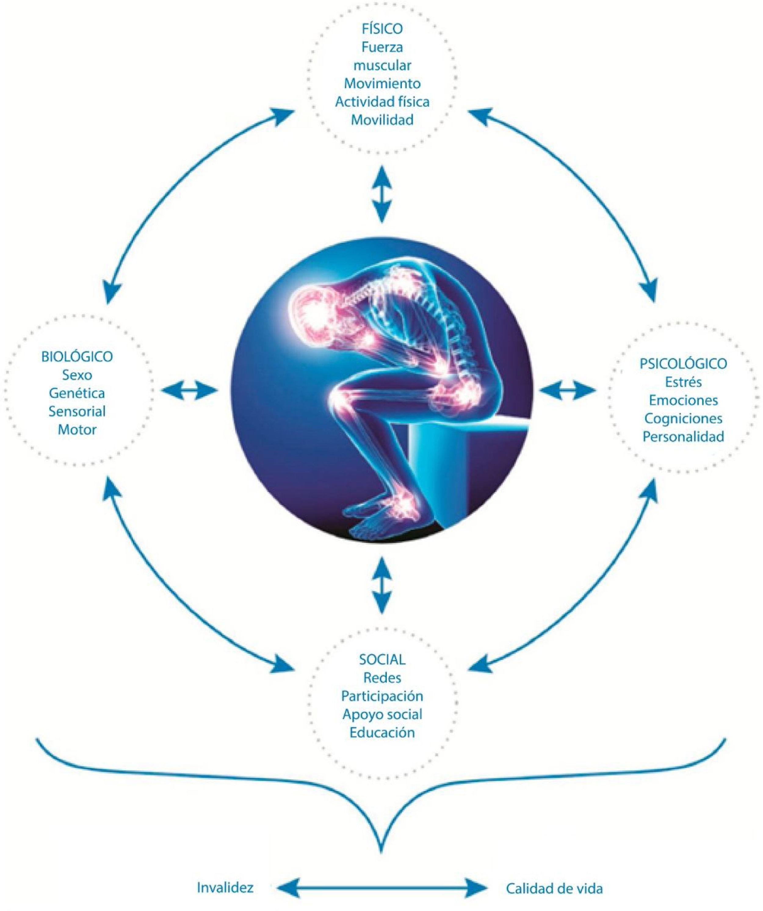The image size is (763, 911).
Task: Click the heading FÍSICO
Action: click(x=382, y=29)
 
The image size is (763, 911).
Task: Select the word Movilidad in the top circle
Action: click(x=382, y=120)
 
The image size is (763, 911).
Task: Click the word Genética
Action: click(x=77, y=393)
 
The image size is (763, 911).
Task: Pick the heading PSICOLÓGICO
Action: click(x=683, y=363)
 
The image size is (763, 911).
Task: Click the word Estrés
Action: click(x=683, y=382)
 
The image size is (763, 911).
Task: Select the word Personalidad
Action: click(x=683, y=436)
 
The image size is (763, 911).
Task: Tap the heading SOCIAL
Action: click(x=382, y=660)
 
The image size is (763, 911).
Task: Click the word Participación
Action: click(x=382, y=696)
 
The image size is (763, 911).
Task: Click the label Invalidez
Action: click(x=225, y=887)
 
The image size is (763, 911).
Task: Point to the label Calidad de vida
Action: click(x=554, y=888)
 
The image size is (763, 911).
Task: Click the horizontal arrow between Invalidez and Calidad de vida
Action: click(x=382, y=888)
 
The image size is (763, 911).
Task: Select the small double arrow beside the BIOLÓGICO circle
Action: click(x=189, y=390)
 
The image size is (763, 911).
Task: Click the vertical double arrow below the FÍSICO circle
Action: click(x=382, y=193)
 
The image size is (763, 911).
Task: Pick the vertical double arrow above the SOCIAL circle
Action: click(x=382, y=585)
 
